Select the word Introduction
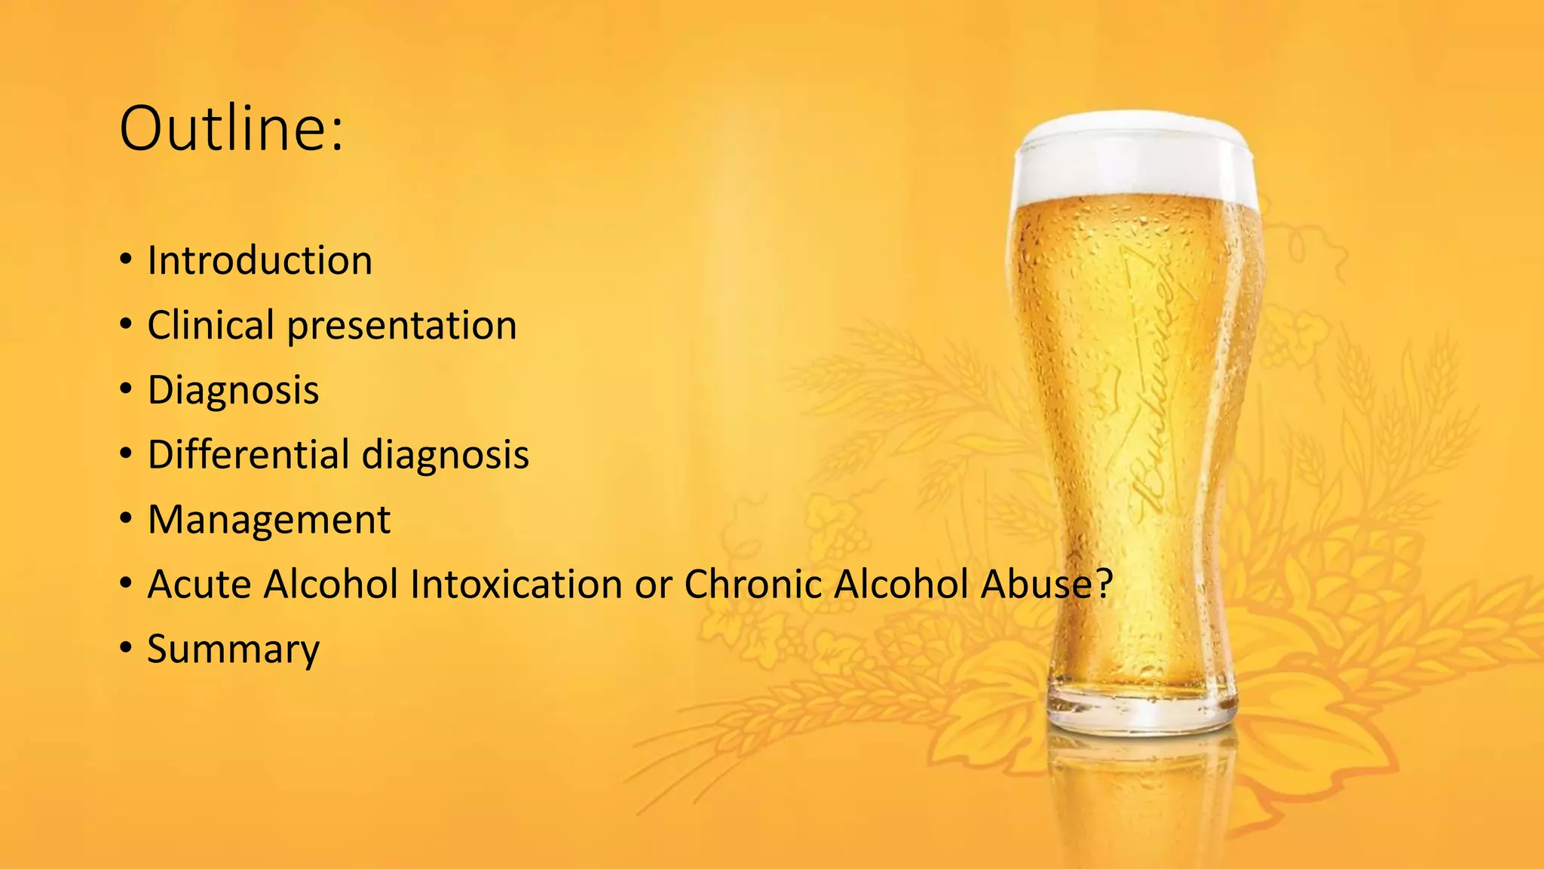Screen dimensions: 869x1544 (259, 261)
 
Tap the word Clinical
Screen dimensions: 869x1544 (210, 326)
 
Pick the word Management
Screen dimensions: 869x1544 (269, 520)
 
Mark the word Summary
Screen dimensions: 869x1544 (233, 649)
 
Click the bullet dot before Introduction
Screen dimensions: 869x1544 (126, 261)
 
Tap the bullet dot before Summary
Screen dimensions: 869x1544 (126, 649)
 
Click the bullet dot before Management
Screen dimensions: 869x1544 (126, 520)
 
